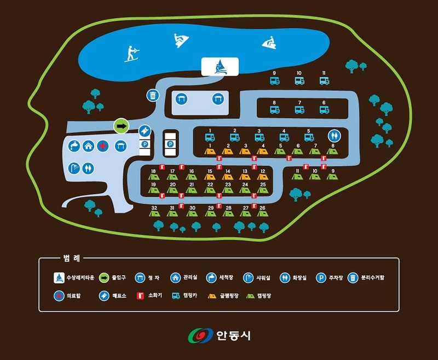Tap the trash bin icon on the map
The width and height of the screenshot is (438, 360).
pos(152,95)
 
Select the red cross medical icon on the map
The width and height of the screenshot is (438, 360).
pos(102,146)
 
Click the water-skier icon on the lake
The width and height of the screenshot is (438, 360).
pos(131,53)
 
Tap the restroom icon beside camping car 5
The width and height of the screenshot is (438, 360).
pos(333,135)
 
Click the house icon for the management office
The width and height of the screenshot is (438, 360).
pos(88,146)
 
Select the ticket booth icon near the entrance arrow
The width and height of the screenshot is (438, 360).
pos(144,130)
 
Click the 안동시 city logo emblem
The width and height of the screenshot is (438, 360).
pos(200,335)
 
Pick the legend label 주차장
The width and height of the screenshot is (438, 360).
pos(335,278)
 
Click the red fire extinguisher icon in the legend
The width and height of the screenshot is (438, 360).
pos(140,295)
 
